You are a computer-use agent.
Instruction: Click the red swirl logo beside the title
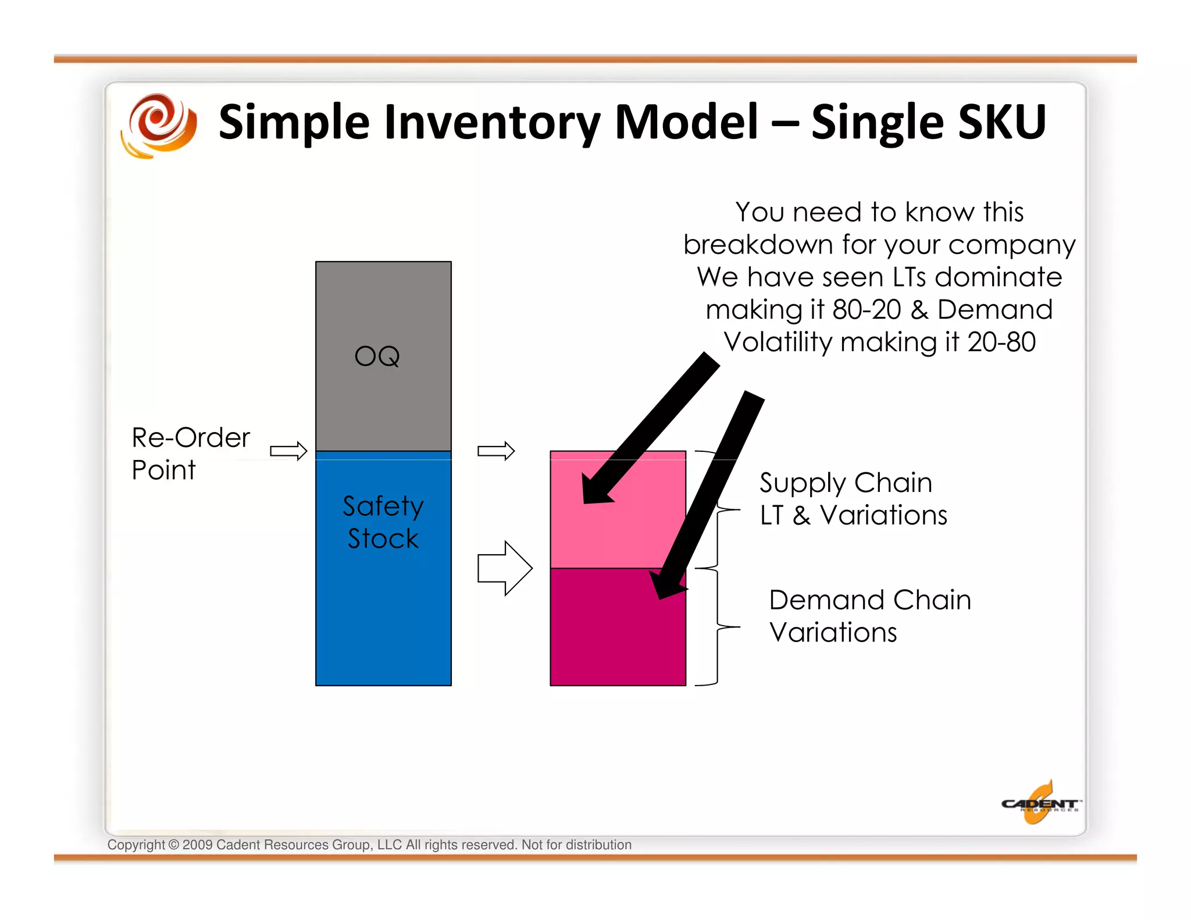(x=159, y=124)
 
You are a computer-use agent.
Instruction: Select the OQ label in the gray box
(x=377, y=356)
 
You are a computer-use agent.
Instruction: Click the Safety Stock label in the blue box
(x=383, y=522)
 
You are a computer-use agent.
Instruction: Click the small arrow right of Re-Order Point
(x=288, y=451)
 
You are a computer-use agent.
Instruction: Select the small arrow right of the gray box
(x=495, y=451)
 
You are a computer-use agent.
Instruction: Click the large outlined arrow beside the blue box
(x=504, y=568)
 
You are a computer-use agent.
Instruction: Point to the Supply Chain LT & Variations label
(x=852, y=499)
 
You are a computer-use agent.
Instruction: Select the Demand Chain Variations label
(x=869, y=616)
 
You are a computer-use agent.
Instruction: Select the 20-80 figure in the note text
(x=1001, y=342)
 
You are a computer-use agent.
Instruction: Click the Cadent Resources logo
(x=1040, y=804)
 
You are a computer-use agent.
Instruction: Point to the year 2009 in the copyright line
(x=197, y=845)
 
